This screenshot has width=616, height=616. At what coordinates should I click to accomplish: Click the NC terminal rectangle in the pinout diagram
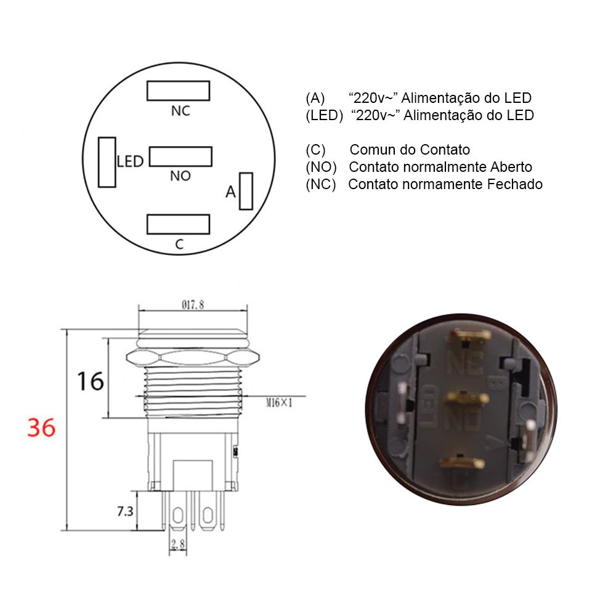pyautogui.click(x=178, y=91)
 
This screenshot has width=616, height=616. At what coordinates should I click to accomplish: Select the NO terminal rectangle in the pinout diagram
pyautogui.click(x=180, y=156)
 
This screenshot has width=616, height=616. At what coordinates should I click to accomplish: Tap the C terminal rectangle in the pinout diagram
pyautogui.click(x=178, y=224)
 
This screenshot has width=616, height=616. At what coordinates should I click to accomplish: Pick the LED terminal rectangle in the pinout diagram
pyautogui.click(x=107, y=162)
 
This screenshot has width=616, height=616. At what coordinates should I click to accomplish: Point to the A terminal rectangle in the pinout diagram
pyautogui.click(x=246, y=191)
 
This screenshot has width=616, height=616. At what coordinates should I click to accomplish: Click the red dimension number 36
pyautogui.click(x=42, y=427)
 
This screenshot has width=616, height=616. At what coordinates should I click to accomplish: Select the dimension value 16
pyautogui.click(x=90, y=382)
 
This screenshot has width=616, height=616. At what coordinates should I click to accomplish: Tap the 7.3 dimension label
pyautogui.click(x=126, y=511)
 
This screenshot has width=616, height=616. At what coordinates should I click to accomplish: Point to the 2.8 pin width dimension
pyautogui.click(x=178, y=545)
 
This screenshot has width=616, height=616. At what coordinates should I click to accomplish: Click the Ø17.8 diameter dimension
pyautogui.click(x=193, y=304)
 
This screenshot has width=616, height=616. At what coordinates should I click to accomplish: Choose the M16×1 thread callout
pyautogui.click(x=278, y=403)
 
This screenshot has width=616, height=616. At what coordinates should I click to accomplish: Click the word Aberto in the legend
pyautogui.click(x=511, y=167)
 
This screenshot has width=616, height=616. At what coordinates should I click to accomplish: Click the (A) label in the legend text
pyautogui.click(x=315, y=98)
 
